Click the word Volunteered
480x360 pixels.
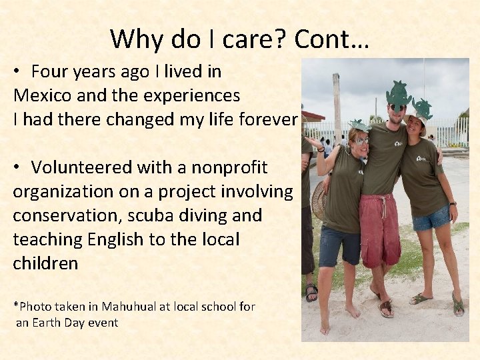pyautogui.click(x=83, y=167)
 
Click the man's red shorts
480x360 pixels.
pyautogui.click(x=379, y=230)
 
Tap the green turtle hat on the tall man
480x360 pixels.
pyautogui.click(x=399, y=95)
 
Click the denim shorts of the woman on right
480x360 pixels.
pyautogui.click(x=431, y=219)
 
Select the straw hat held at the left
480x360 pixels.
pyautogui.click(x=318, y=201)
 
